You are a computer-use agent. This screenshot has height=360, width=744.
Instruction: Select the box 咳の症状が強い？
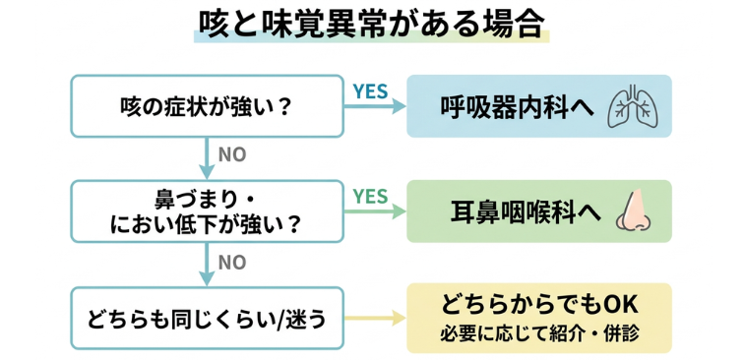coord(206,105)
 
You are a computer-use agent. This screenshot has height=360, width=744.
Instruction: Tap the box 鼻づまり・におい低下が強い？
coord(206,210)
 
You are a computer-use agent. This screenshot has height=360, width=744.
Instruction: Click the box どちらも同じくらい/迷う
coord(206,318)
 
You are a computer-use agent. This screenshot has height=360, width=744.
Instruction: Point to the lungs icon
coord(633,106)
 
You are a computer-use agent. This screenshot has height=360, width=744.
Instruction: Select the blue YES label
coord(371,90)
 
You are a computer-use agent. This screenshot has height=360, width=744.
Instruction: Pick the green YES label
coord(371,196)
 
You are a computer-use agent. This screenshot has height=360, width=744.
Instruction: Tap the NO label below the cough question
coord(232,155)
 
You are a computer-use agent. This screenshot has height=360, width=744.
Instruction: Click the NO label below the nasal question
coord(232,262)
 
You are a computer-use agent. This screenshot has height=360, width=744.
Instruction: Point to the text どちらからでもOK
coord(539,304)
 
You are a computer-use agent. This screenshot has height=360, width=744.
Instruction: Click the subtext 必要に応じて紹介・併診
coord(539,333)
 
